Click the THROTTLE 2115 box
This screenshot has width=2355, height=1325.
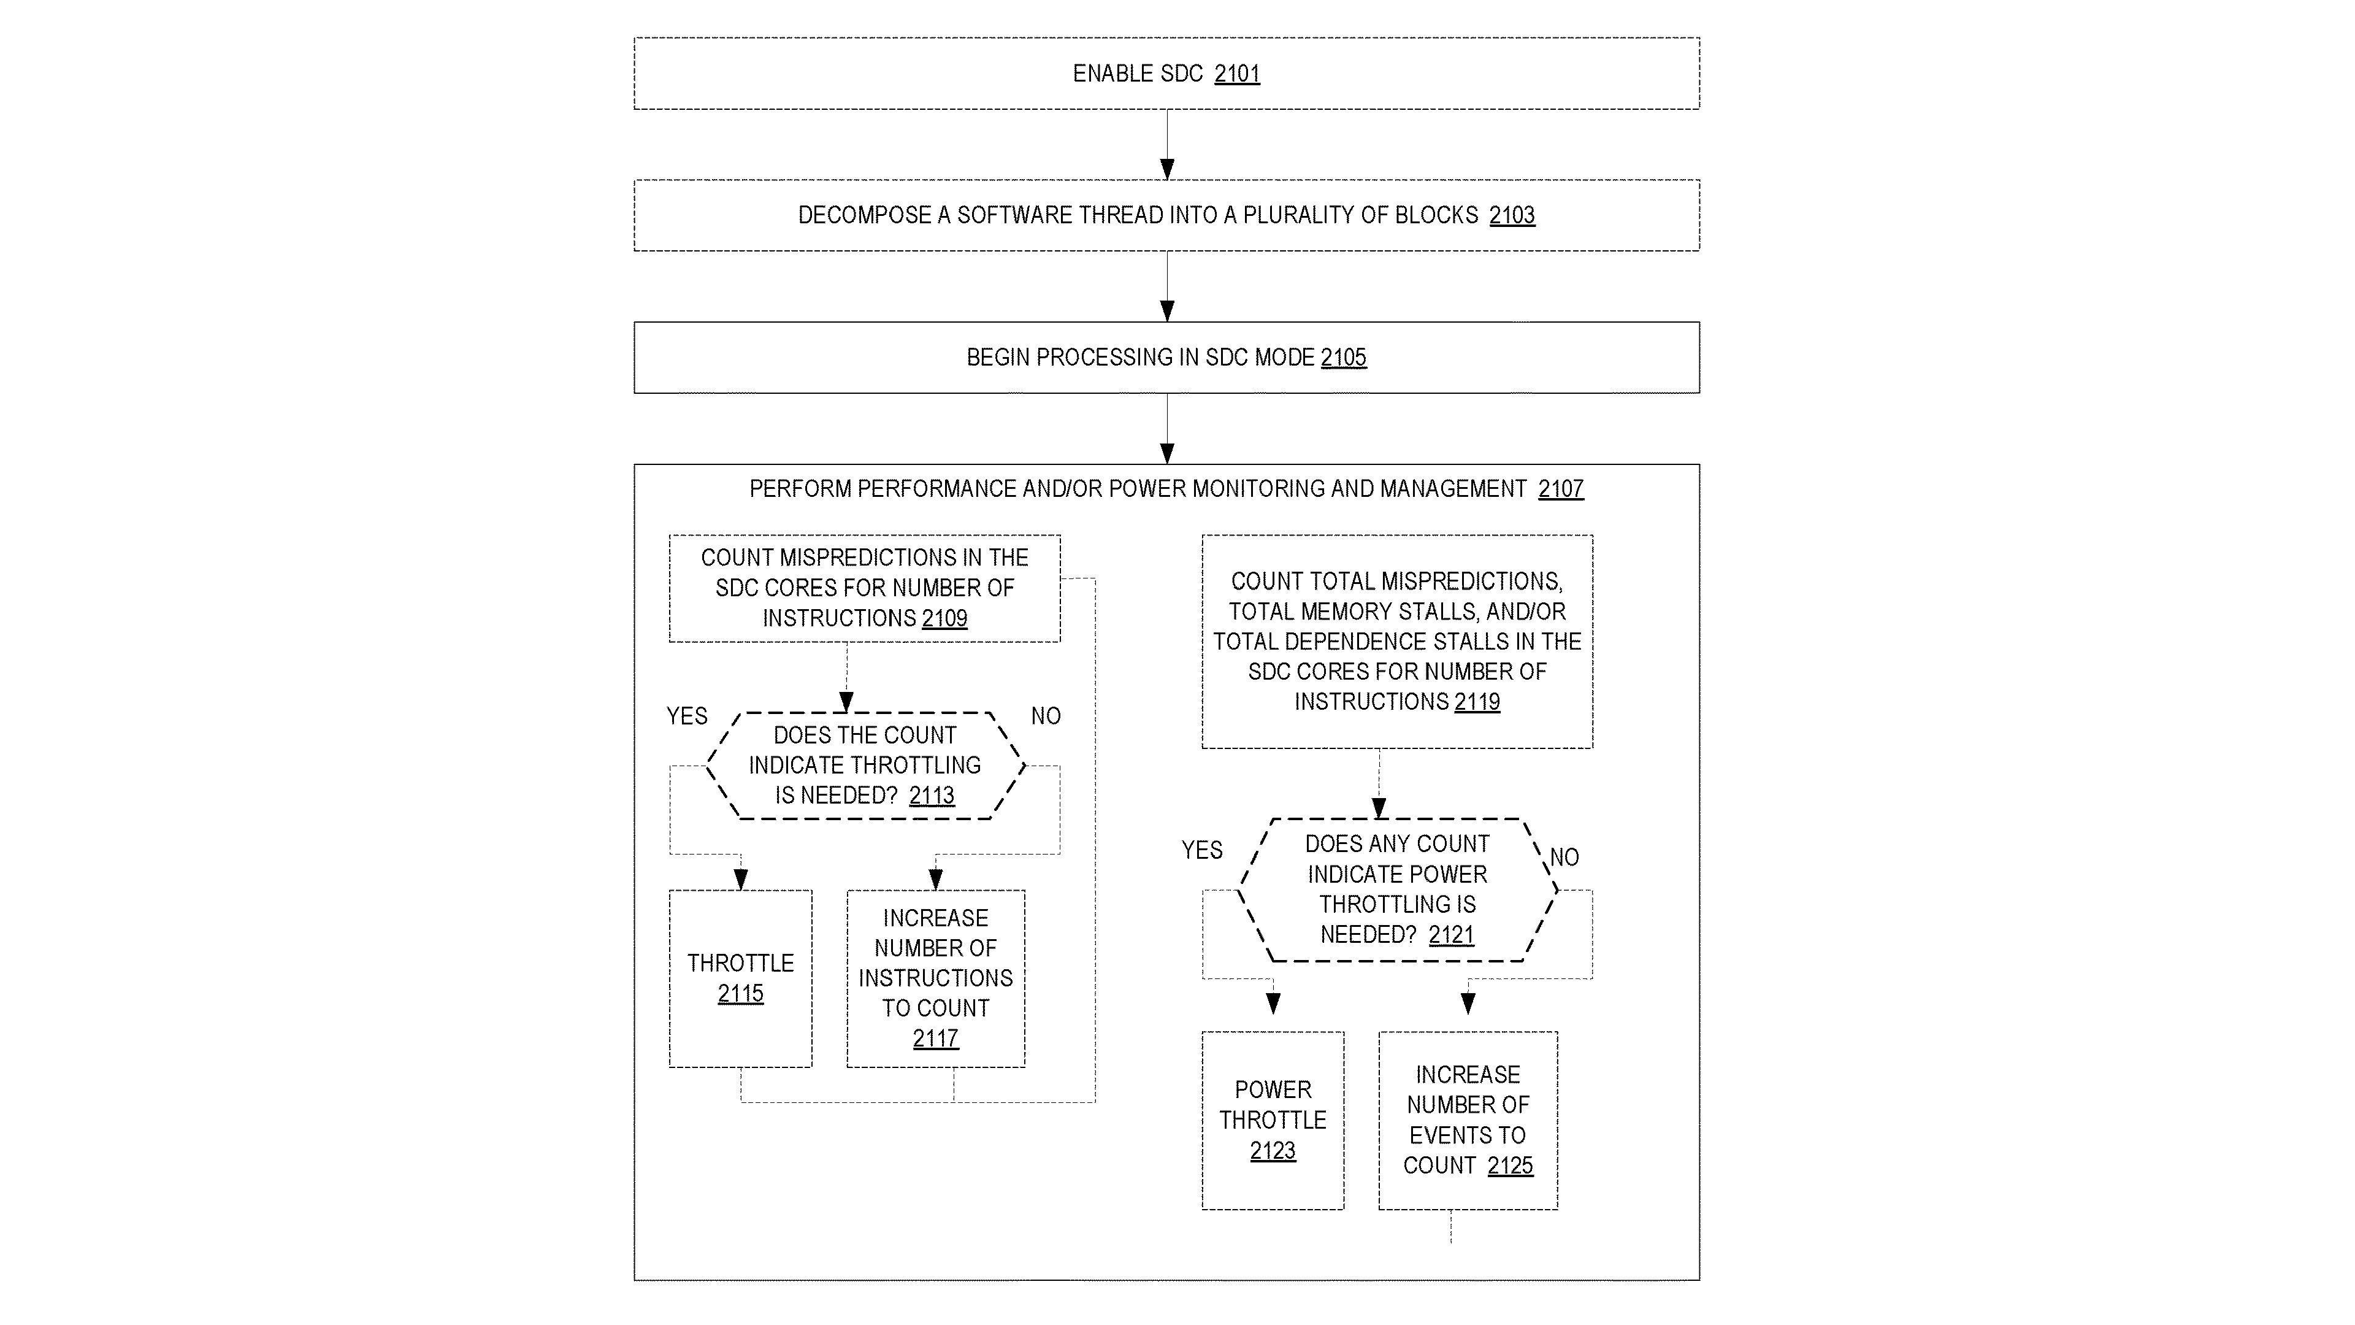(740, 978)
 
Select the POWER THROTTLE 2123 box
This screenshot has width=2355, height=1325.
(1272, 1120)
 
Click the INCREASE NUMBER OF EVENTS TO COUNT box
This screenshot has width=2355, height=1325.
(1468, 1120)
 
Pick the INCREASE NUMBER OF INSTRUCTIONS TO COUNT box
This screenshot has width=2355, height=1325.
(935, 978)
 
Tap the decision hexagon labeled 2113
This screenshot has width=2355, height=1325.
(865, 766)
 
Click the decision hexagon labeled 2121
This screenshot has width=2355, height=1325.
(1397, 889)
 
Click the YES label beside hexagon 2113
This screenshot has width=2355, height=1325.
(687, 716)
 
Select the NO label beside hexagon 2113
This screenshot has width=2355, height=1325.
(1045, 716)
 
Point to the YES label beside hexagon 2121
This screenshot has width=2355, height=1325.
(1201, 850)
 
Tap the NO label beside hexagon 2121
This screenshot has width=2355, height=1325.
(1564, 858)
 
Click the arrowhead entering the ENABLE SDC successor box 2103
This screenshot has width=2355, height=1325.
(1166, 170)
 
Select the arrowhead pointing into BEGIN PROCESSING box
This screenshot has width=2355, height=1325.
(1166, 312)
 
